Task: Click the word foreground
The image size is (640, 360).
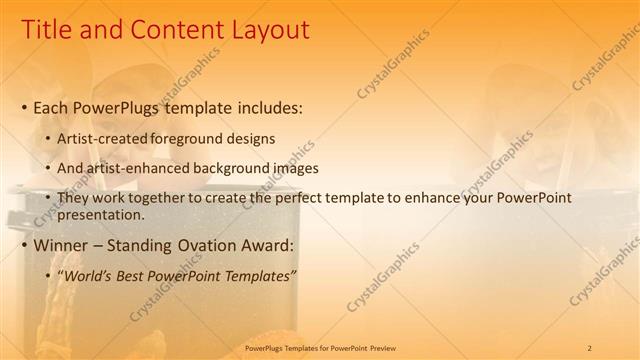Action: pos(187,139)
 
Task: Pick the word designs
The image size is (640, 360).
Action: pos(250,139)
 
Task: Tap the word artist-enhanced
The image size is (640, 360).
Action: pos(132,168)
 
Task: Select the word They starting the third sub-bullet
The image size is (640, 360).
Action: pos(73,198)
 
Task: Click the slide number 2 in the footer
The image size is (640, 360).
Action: pos(589,348)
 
